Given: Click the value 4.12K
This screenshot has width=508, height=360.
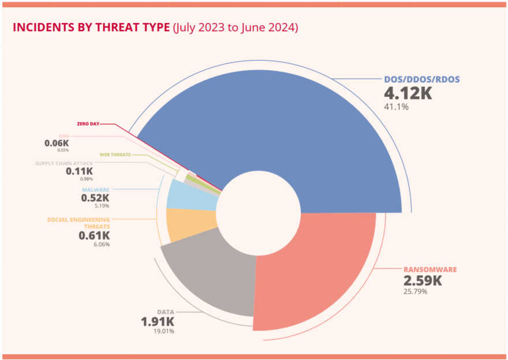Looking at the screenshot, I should tap(408, 93).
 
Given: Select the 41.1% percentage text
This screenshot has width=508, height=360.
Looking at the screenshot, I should tap(396, 107).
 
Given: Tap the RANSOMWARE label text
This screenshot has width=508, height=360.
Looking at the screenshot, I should tap(430, 269).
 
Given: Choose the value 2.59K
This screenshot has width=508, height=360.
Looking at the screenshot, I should tap(423, 281).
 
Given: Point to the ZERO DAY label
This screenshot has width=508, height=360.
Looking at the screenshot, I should tap(88, 124).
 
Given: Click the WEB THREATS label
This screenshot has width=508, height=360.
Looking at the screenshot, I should tap(115, 155).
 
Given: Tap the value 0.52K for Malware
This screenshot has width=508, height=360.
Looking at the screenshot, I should tap(95, 197).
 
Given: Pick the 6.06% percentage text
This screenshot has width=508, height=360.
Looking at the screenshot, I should tap(101, 244).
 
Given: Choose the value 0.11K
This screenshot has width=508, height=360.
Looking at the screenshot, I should tap(80, 171).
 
